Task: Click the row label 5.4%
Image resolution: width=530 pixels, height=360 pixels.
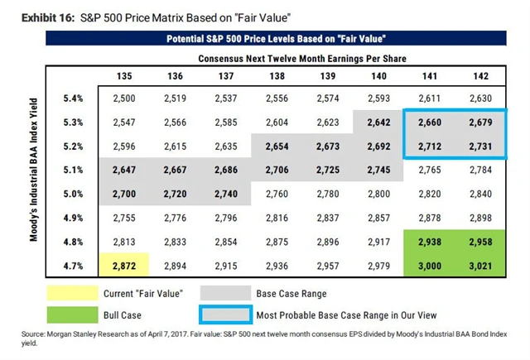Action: click(73, 99)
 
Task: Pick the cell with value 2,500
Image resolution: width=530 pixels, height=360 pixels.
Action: click(123, 99)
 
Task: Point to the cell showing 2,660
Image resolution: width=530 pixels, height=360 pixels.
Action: click(431, 122)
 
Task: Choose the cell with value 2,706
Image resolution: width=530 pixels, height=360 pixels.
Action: click(277, 170)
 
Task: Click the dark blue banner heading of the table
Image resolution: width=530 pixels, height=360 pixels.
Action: click(277, 39)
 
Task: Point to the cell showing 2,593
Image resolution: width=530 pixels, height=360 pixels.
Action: click(379, 99)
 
